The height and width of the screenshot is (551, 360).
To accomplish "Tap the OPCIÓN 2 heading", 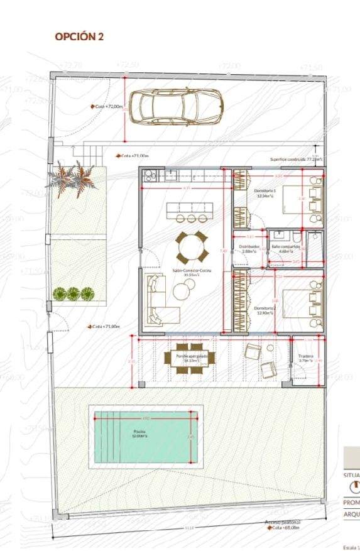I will [x=79, y=37].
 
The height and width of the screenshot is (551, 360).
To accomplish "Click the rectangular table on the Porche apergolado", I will [x=190, y=358].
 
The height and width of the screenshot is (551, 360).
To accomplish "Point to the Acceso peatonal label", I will [x=282, y=522].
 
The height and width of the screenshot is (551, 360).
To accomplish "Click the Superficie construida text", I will [x=296, y=160].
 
